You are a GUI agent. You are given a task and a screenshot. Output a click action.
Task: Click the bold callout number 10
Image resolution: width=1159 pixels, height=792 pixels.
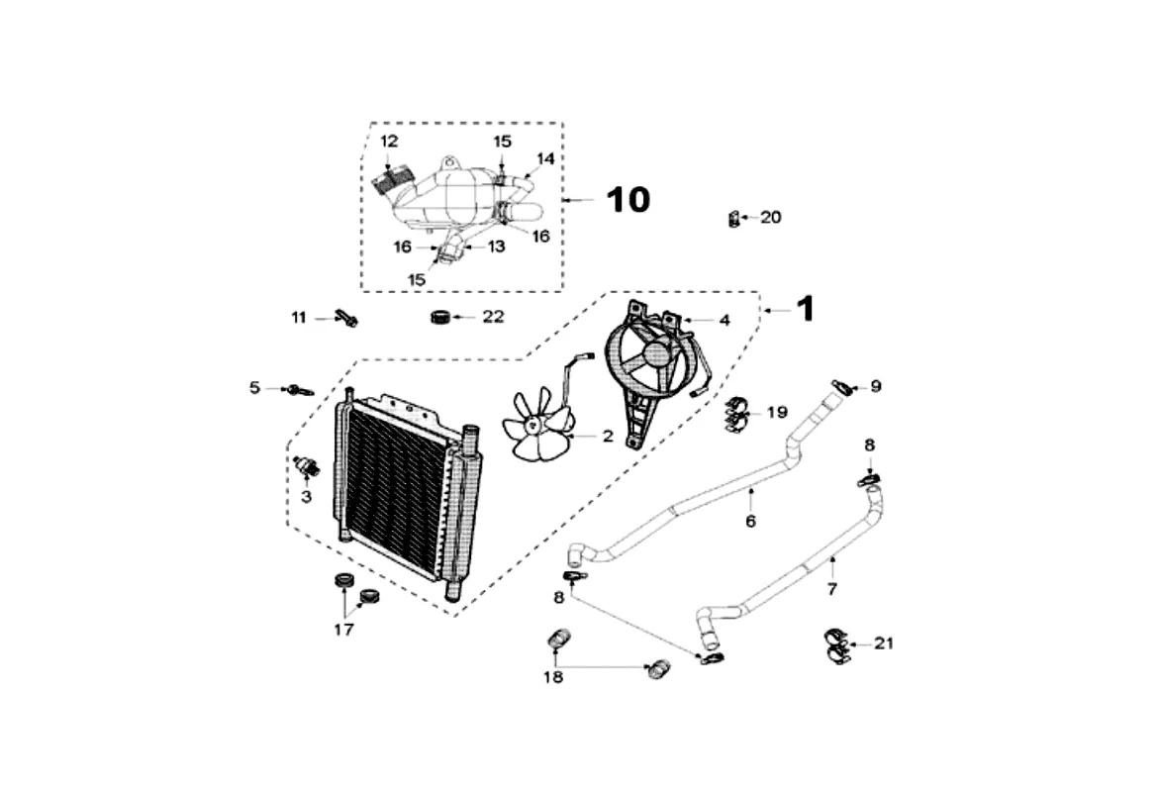pos(628,200)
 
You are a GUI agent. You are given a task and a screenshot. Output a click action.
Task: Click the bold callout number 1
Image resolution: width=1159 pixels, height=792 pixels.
pos(806,309)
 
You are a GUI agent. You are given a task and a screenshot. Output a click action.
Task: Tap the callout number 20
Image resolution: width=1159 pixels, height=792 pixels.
pos(770,217)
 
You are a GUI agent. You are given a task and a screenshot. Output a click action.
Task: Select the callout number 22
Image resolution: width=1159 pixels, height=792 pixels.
pos(493,317)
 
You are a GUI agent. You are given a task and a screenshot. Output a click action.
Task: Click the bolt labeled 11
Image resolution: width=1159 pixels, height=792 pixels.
pos(346,319)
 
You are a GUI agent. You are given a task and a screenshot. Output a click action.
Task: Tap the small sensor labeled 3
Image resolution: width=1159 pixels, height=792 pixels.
pos(305,465)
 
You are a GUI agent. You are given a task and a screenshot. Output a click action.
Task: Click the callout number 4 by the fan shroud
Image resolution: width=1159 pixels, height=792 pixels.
pos(724,320)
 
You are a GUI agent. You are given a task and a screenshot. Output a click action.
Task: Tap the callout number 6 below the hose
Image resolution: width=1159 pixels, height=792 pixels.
pos(750,521)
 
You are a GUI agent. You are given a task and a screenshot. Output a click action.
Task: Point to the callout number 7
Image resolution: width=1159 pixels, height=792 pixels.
pos(831,589)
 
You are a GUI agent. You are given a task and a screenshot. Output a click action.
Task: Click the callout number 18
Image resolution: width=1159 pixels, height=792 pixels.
pos(552,677)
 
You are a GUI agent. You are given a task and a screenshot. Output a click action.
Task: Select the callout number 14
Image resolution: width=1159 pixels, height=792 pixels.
pos(545,158)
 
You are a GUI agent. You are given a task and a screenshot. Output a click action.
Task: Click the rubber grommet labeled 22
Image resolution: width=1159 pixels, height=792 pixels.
pos(441,317)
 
